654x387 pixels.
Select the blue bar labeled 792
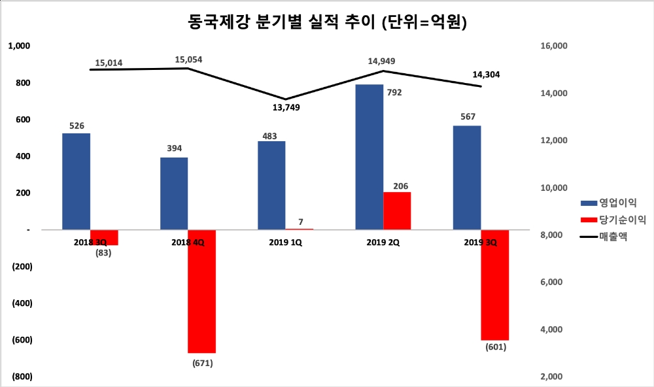click(370, 157)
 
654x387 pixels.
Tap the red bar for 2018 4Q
click(201, 291)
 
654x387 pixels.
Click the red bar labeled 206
click(397, 210)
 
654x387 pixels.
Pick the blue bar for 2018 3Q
click(76, 181)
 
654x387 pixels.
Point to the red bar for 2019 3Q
click(494, 284)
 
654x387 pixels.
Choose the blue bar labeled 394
click(174, 193)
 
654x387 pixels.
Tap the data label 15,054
click(188, 60)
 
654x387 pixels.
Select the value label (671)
click(201, 362)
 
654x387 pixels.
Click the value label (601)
click(496, 347)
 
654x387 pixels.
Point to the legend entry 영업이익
click(613, 203)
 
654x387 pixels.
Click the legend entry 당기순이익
click(617, 220)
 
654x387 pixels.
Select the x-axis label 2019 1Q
click(286, 241)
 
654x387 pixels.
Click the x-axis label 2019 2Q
click(383, 241)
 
